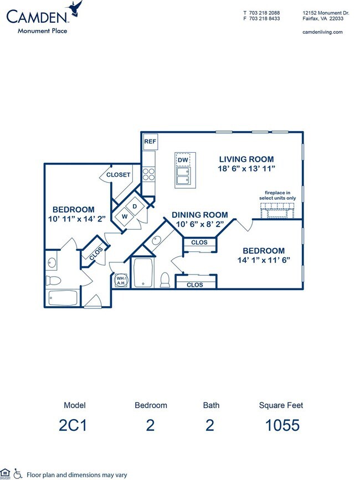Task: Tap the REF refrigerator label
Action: (x=150, y=142)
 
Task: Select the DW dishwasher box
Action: (x=183, y=160)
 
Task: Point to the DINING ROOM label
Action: (x=199, y=215)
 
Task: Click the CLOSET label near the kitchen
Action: (x=118, y=175)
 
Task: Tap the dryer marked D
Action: (x=135, y=207)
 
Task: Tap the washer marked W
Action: (x=125, y=216)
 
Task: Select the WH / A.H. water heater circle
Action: (x=120, y=281)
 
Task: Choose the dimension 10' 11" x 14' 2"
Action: (x=73, y=219)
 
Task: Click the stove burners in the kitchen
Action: (x=149, y=176)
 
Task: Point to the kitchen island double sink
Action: (x=183, y=177)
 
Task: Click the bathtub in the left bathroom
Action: (x=64, y=298)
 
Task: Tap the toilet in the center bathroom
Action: (x=165, y=280)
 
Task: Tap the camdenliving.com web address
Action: (x=322, y=32)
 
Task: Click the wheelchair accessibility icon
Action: (x=18, y=474)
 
